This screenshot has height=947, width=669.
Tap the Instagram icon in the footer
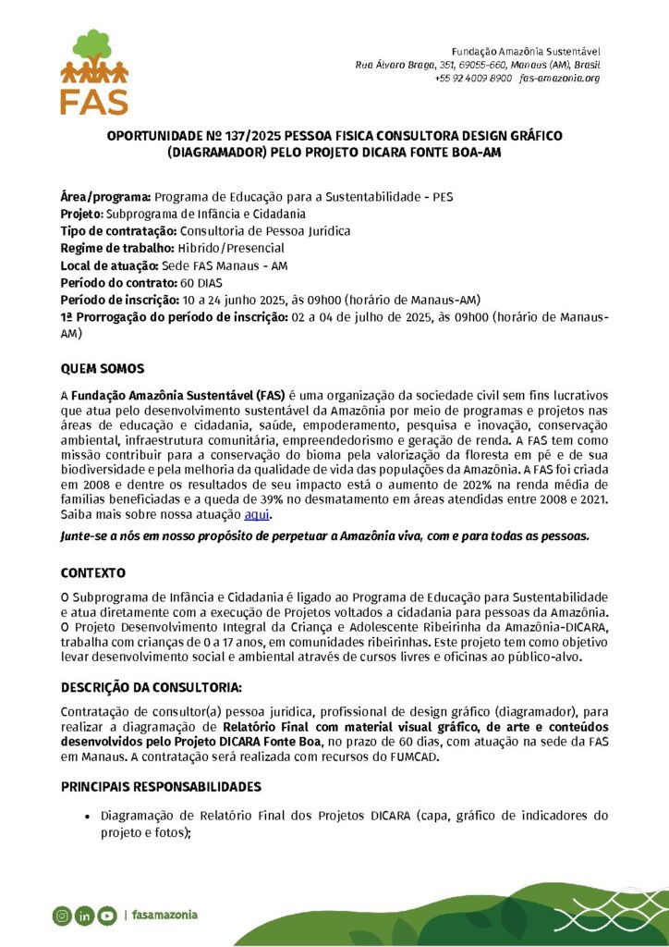pyautogui.click(x=62, y=916)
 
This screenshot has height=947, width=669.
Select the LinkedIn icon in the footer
pyautogui.click(x=84, y=916)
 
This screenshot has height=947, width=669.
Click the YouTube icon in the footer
pyautogui.click(x=106, y=916)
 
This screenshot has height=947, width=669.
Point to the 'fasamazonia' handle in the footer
pyautogui.click(x=164, y=916)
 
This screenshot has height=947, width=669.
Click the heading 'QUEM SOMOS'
pyautogui.click(x=102, y=369)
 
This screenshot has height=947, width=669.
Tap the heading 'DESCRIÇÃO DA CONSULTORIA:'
pyautogui.click(x=152, y=688)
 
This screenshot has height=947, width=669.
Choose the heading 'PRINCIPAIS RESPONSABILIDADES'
pyautogui.click(x=161, y=787)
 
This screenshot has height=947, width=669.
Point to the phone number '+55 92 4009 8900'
pyautogui.click(x=473, y=79)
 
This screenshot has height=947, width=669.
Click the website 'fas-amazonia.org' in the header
pyautogui.click(x=560, y=79)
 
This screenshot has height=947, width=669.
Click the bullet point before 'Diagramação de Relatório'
pyautogui.click(x=87, y=817)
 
